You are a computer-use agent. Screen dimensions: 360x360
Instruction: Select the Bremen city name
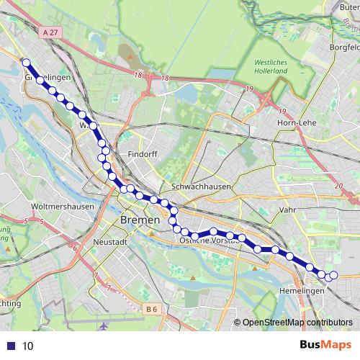click(138, 219)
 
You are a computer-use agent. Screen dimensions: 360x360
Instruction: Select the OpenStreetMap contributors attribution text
click(297, 322)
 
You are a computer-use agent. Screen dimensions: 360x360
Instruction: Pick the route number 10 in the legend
click(27, 346)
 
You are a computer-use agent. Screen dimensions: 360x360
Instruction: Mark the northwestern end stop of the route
click(27, 62)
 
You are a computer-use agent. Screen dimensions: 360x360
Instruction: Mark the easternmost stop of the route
click(334, 274)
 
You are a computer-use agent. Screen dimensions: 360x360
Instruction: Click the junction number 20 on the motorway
click(339, 185)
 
